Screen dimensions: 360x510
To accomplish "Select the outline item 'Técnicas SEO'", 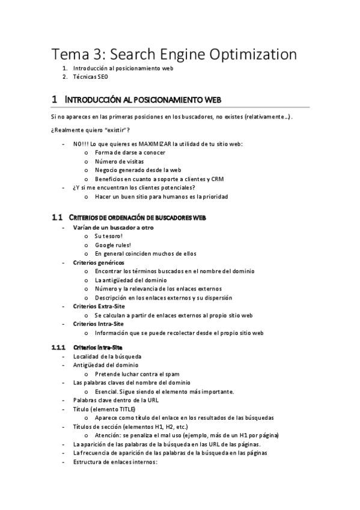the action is (91, 77).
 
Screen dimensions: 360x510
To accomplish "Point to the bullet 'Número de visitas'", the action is (120, 162).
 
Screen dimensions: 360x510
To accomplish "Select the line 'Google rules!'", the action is (113, 245).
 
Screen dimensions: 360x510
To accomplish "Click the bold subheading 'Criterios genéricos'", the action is (99, 263).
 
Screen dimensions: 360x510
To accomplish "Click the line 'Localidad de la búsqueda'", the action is (107, 357).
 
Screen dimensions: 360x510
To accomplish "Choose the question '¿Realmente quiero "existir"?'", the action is (91, 131).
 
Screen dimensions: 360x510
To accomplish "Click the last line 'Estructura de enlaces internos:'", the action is (115, 461).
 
